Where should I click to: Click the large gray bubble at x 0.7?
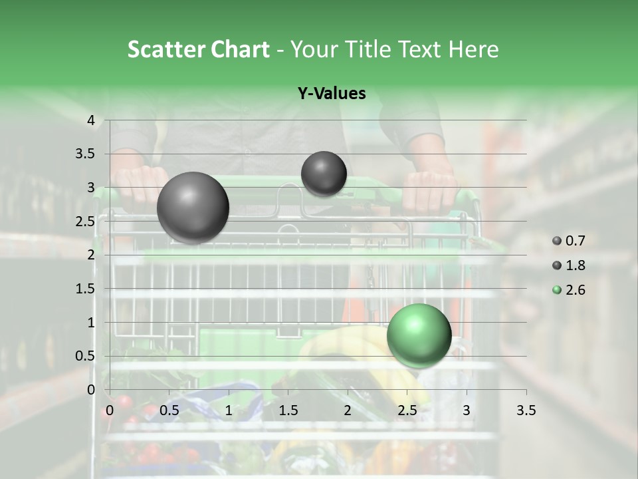coord(193,208)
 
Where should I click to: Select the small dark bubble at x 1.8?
coord(324,174)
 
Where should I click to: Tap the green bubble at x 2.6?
coord(419,335)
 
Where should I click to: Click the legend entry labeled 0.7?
coord(569,241)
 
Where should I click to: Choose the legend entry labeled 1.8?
coord(569,265)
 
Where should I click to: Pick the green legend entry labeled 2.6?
coord(569,290)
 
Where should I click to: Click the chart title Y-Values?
coord(332,94)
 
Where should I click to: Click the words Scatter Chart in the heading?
coord(198,49)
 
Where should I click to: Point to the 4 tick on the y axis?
coord(92,120)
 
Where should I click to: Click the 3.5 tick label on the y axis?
coord(85,154)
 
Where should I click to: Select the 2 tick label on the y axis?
coord(92,255)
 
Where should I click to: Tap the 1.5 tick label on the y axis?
coord(85,289)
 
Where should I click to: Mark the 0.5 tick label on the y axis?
coord(85,356)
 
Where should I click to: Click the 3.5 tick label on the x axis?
coord(526,410)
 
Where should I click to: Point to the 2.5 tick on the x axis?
coord(407,410)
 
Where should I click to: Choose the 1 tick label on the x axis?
coord(229,410)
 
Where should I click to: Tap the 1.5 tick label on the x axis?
coord(288,410)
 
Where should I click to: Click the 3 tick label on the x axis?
coord(467,410)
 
